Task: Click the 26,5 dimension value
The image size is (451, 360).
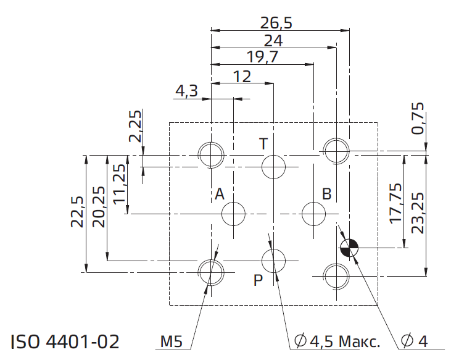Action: pyautogui.click(x=276, y=23)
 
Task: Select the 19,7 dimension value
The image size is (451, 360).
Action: pyautogui.click(x=263, y=57)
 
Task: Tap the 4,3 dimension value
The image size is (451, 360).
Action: pyautogui.click(x=187, y=91)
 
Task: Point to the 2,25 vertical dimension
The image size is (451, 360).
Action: pyautogui.click(x=135, y=126)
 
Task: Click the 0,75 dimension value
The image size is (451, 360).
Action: pyautogui.click(x=418, y=119)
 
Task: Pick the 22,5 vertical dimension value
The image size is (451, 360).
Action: pyautogui.click(x=77, y=212)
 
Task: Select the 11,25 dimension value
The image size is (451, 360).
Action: pyautogui.click(x=119, y=184)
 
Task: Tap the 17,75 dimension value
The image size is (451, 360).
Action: pyautogui.click(x=395, y=203)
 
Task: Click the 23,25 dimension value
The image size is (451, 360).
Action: pyautogui.click(x=418, y=213)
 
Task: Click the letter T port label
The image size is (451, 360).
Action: pyautogui.click(x=263, y=144)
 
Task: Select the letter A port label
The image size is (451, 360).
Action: pyautogui.click(x=220, y=194)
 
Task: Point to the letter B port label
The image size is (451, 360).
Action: pyautogui.click(x=327, y=194)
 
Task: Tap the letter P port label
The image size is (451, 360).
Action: pyautogui.click(x=258, y=280)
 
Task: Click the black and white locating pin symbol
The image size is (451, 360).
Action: pyautogui.click(x=349, y=248)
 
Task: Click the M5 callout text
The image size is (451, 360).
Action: pyautogui.click(x=172, y=341)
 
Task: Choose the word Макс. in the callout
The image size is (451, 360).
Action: pyautogui.click(x=360, y=341)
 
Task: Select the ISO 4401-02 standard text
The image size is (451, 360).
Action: pyautogui.click(x=65, y=341)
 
